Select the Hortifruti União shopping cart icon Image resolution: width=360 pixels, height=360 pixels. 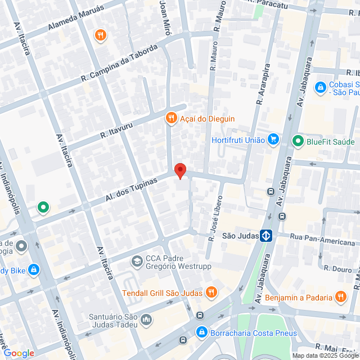(x=273, y=139)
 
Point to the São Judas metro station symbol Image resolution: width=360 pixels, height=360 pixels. (x=267, y=236)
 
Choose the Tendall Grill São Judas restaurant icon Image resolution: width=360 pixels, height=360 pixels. (x=211, y=292)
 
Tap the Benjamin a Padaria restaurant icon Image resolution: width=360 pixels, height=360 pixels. (x=340, y=296)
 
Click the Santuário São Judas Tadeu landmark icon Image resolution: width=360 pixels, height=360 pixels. (x=146, y=320)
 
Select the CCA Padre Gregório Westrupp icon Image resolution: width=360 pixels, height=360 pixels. (x=137, y=262)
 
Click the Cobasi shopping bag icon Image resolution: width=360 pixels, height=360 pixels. (x=320, y=87)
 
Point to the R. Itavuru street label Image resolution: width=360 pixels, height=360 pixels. (x=115, y=132)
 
